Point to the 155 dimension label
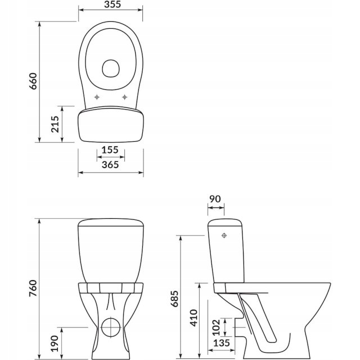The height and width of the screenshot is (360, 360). point(110,150)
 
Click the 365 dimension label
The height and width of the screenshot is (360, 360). point(110,164)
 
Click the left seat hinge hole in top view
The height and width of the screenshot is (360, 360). point(97,97)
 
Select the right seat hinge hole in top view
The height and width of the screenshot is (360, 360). point(124,97)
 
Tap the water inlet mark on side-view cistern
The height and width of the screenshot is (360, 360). point(224,235)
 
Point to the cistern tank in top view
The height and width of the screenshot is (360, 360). point(110,125)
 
